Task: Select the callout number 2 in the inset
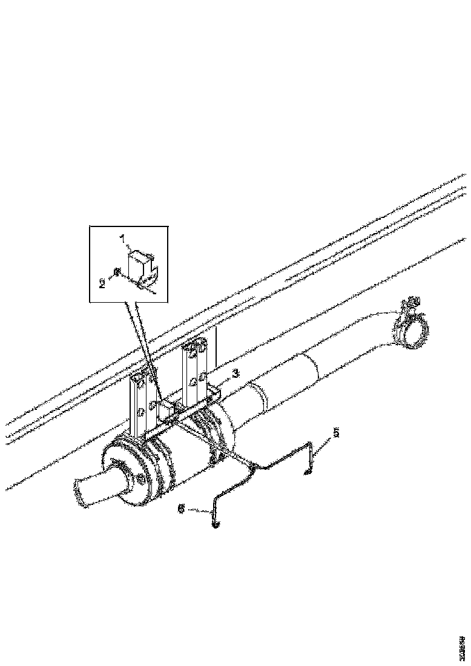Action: click(102, 282)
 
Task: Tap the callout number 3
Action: click(236, 373)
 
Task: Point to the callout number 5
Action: click(336, 432)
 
